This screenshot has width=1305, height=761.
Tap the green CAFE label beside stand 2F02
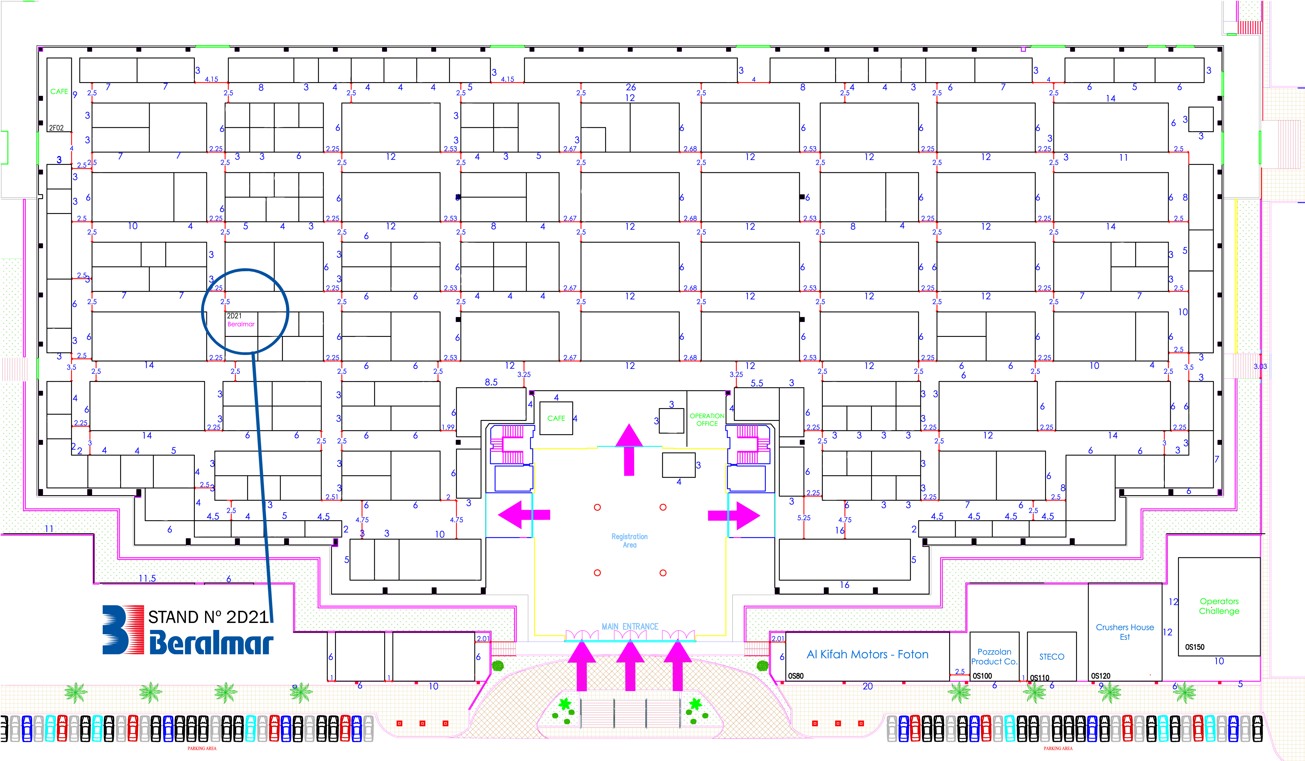point(59,92)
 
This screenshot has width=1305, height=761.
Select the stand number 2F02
point(56,128)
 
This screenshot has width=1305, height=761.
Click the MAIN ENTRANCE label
point(630,626)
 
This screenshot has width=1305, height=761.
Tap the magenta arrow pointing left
point(523,515)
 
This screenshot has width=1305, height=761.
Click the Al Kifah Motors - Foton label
point(867,654)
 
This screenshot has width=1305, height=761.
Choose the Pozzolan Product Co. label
point(994,656)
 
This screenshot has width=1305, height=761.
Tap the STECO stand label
point(1052,656)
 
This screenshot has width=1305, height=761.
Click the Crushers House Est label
point(1125,632)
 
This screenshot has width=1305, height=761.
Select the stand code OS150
point(1195,647)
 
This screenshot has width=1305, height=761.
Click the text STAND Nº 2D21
point(208,616)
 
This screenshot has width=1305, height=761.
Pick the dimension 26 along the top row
point(630,87)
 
